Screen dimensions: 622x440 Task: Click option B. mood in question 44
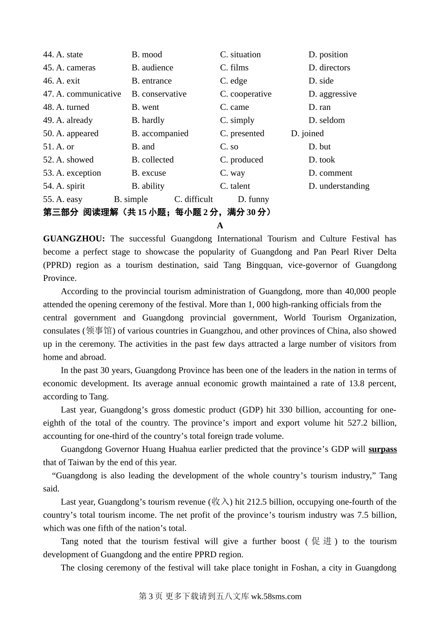tap(147, 55)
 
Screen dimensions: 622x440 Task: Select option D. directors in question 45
tap(329, 68)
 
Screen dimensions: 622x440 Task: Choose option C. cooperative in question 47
tap(245, 94)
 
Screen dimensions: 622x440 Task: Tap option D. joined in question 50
tap(307, 133)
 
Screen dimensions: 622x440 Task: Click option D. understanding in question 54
tap(339, 186)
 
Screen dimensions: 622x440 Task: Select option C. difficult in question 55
tap(194, 199)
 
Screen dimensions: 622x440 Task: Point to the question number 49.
tap(48, 121)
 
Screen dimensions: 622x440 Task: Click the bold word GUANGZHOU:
tap(74, 239)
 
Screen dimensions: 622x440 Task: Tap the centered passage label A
tap(220, 226)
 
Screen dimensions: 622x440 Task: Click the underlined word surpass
tap(383, 450)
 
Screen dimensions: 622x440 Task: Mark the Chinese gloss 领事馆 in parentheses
tap(99, 331)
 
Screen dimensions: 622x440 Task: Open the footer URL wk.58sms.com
tap(276, 597)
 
